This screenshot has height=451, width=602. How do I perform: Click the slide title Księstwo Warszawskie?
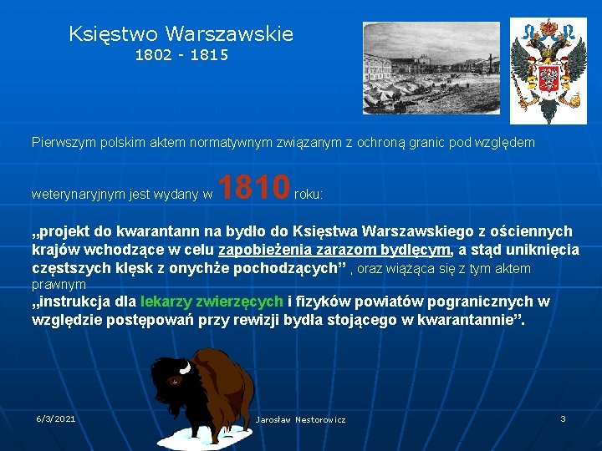[181, 34]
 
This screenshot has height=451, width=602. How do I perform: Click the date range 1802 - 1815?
[181, 56]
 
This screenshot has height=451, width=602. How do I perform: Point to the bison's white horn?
[185, 367]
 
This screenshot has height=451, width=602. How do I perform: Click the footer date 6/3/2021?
[56, 418]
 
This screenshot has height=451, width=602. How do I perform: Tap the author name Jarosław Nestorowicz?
[300, 419]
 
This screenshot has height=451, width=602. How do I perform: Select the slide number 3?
[563, 418]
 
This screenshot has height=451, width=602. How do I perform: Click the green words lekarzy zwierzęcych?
[212, 302]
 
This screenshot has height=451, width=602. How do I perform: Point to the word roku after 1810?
[309, 194]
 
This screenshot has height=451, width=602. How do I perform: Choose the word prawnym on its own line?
[59, 285]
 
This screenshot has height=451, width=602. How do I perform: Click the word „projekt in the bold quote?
[65, 231]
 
